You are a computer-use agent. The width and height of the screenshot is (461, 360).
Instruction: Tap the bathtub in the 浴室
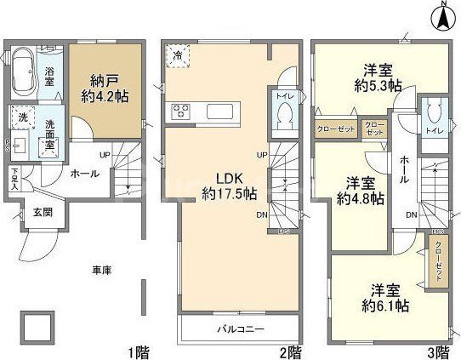point(27,65)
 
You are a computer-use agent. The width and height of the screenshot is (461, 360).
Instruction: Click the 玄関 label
point(43,212)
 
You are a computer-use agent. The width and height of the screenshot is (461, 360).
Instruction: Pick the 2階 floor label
point(290,350)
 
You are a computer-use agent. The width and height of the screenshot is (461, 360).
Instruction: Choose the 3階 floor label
point(439,350)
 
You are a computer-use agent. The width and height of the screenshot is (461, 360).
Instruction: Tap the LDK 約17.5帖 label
point(223,186)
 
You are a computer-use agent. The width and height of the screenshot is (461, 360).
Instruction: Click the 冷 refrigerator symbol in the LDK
point(178,55)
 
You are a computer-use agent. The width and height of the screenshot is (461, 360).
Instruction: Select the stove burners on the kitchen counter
point(181,111)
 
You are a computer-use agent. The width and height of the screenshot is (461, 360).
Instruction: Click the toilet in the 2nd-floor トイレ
point(285,117)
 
